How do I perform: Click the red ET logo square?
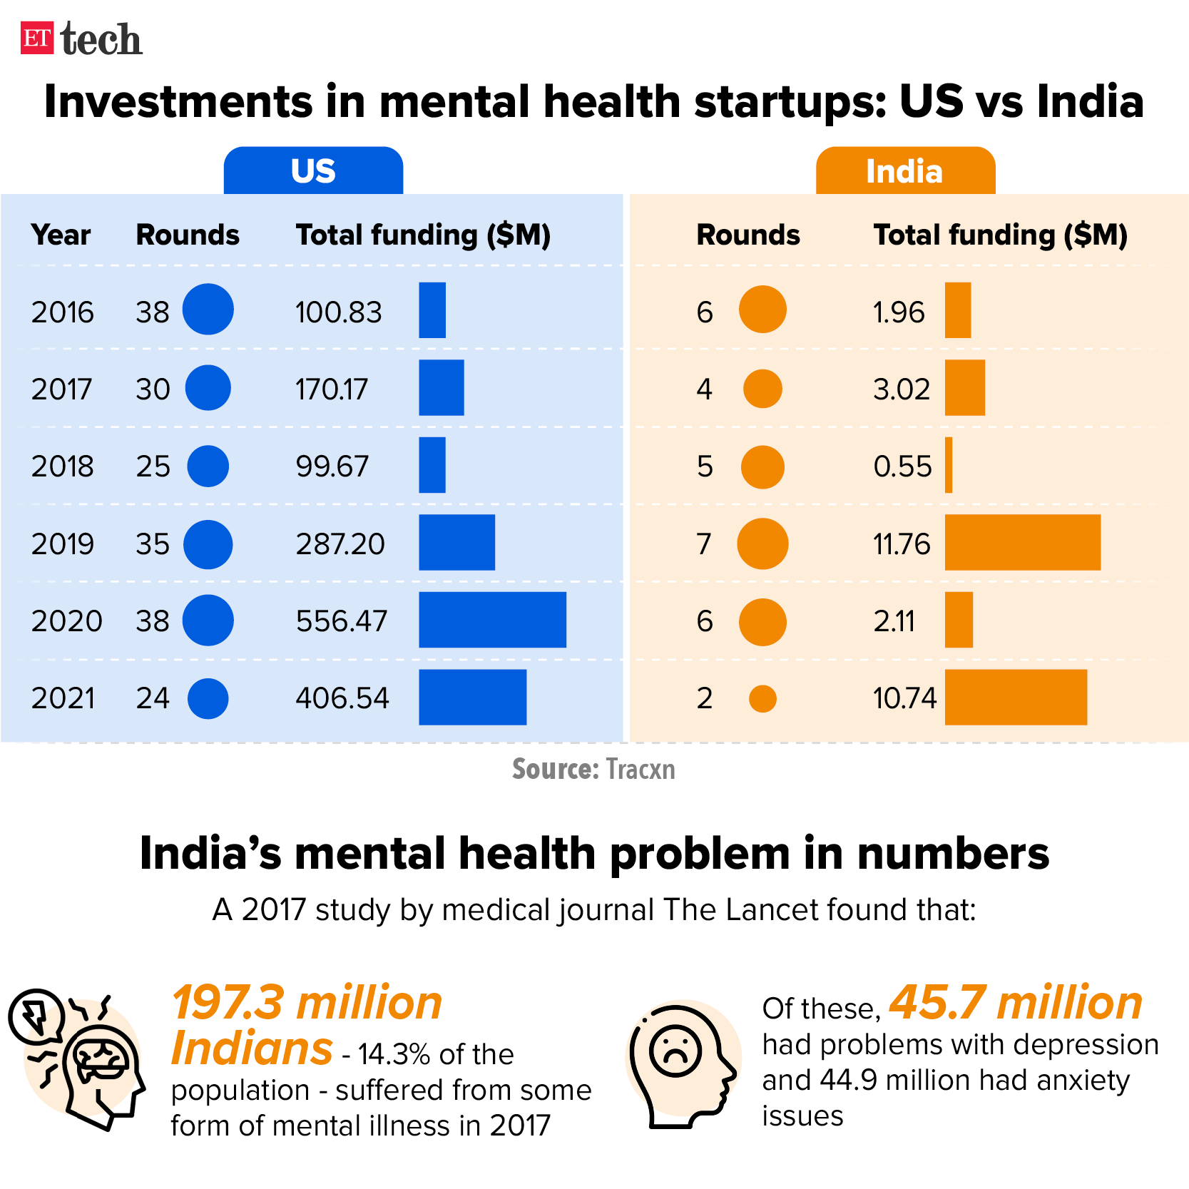37,38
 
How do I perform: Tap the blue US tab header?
313,171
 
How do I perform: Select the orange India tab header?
904,171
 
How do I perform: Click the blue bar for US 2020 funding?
492,620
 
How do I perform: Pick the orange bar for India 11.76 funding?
1022,542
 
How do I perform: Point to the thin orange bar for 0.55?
949,465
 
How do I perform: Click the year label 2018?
62,466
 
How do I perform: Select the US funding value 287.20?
340,544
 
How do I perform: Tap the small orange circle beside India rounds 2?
762,698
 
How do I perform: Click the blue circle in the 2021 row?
208,698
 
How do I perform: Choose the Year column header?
61,235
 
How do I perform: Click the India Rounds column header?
747,235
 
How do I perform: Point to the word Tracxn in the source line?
640,770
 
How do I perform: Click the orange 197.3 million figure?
307,1003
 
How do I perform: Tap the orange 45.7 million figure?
1016,1003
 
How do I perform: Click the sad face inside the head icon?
675,1051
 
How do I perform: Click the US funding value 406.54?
342,698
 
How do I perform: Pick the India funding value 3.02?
902,389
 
